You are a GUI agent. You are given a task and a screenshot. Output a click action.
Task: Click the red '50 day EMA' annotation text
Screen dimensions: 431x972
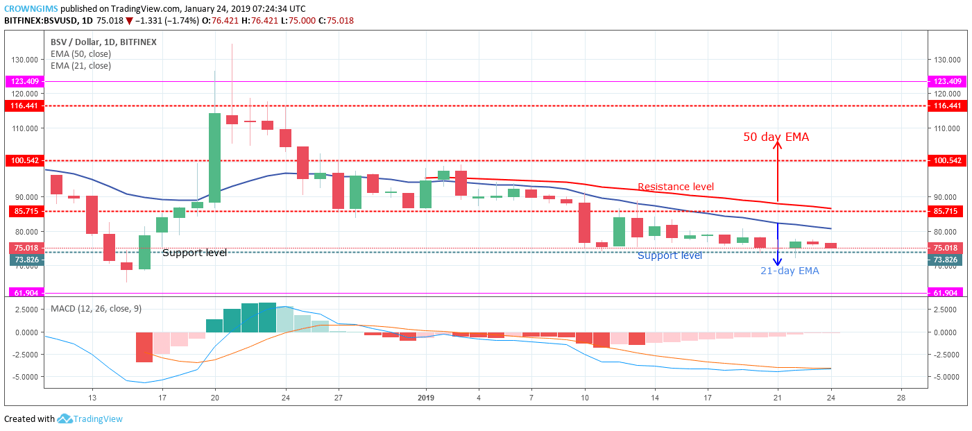point(776,137)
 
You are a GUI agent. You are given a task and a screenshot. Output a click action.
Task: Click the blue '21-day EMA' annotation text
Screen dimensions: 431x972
point(790,271)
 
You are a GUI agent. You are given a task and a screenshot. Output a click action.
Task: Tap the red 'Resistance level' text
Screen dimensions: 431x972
point(675,187)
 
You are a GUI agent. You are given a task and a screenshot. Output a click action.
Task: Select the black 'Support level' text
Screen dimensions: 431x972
point(194,253)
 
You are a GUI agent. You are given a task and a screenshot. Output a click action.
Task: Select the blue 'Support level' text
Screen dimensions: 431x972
point(670,255)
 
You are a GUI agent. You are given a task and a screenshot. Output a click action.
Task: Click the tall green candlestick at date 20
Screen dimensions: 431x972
point(214,158)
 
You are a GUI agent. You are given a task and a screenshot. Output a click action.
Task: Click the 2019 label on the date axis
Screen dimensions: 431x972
point(425,398)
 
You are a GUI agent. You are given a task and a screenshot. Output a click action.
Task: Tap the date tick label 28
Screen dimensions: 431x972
point(901,398)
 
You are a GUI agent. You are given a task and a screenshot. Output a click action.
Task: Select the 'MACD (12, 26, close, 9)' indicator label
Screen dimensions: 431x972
point(96,308)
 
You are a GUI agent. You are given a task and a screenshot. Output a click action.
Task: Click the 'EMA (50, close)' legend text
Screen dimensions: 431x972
point(80,54)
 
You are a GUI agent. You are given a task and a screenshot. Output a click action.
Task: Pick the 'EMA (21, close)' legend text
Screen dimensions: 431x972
point(80,66)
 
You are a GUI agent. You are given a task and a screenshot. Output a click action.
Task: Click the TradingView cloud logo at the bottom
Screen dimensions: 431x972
point(65,419)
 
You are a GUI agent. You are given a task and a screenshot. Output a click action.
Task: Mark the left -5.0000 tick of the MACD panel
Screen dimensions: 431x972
point(25,377)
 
